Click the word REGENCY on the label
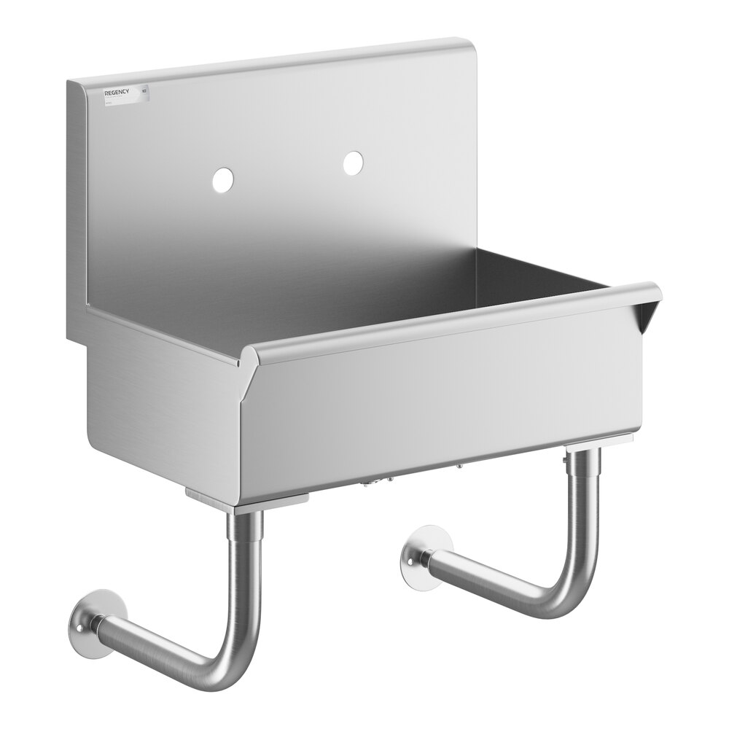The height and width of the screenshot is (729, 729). point(117,93)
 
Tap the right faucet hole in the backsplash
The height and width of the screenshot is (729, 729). point(354,163)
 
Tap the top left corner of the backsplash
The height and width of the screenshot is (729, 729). point(71,82)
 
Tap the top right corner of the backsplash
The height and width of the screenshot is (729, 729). point(470,42)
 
